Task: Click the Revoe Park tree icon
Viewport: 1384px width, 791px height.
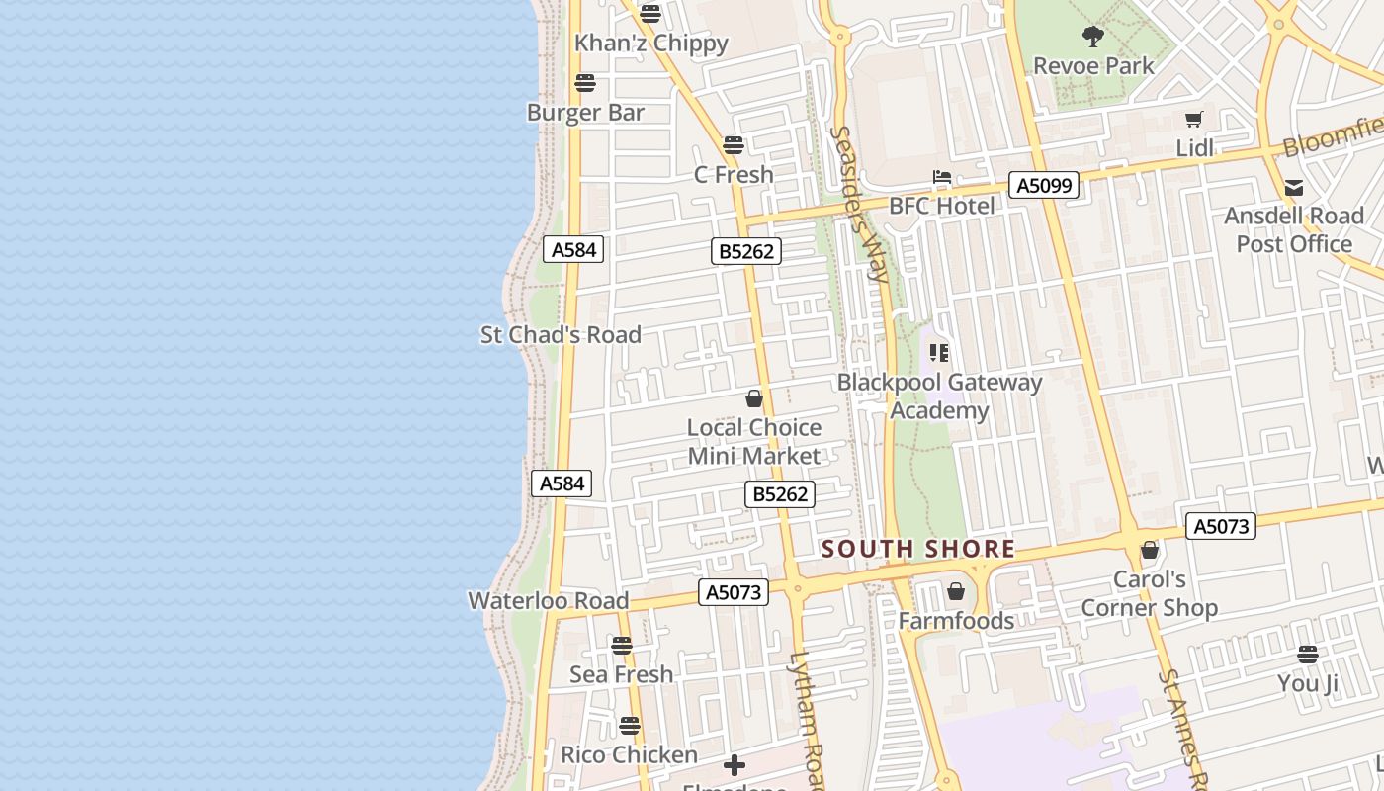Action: click(x=1093, y=38)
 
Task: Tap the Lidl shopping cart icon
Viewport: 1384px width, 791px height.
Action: click(x=1194, y=120)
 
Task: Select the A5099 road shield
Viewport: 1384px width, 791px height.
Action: click(x=1044, y=185)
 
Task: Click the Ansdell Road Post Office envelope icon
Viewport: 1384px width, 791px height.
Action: click(x=1293, y=188)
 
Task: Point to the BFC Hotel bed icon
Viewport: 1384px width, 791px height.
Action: click(x=941, y=178)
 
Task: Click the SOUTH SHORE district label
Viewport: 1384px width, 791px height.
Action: click(x=918, y=549)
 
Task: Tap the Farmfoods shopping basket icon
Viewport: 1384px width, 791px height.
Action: click(x=956, y=592)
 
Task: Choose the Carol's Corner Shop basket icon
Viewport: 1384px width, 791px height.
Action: click(x=1150, y=551)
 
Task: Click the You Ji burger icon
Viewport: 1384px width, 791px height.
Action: click(x=1308, y=655)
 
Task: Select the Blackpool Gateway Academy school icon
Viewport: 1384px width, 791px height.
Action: click(x=939, y=353)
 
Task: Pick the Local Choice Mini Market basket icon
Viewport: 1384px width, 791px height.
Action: click(x=754, y=398)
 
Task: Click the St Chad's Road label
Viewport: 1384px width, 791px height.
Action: click(x=561, y=335)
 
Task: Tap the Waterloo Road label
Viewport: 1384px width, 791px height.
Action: click(x=548, y=601)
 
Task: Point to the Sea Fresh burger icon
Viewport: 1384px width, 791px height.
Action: click(x=622, y=646)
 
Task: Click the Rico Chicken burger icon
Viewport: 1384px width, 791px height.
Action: click(x=630, y=727)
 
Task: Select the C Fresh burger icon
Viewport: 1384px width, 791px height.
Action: click(x=734, y=145)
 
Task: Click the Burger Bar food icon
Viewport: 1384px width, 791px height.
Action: click(x=585, y=83)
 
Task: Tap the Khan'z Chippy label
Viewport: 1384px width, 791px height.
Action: click(x=651, y=44)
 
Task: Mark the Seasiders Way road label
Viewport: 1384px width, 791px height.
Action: click(x=858, y=203)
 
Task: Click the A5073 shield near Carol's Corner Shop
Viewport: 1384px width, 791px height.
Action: click(x=1221, y=526)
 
